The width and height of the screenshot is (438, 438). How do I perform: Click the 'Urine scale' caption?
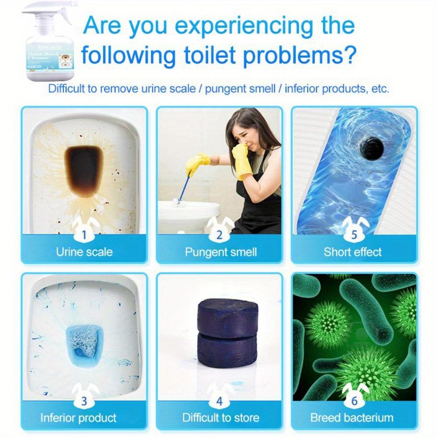84,252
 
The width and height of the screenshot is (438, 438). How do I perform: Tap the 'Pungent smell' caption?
221,252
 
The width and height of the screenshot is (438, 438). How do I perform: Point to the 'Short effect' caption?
353,252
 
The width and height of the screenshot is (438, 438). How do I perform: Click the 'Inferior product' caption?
78,417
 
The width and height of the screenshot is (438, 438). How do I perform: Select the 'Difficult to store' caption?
221,417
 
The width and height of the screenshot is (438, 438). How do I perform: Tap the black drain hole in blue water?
374,148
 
